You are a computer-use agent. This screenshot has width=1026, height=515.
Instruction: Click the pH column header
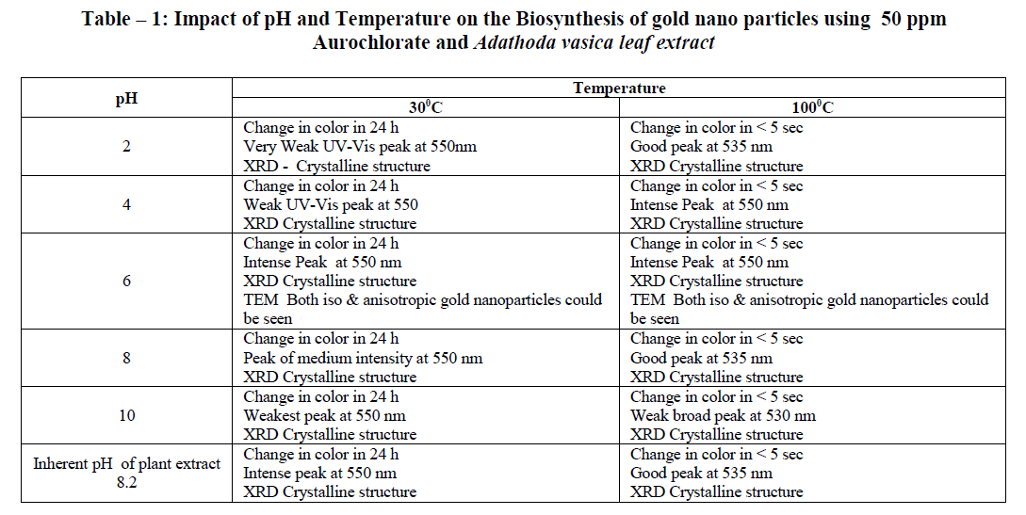point(126,98)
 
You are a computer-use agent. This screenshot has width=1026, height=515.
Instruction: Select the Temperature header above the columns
point(619,89)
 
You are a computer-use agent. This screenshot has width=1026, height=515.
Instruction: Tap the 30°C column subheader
point(425,108)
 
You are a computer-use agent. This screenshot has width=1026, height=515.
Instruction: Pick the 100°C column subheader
point(812,108)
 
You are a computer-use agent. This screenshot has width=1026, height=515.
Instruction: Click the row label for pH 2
point(126,147)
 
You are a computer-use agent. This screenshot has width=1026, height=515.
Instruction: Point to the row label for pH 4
point(126,204)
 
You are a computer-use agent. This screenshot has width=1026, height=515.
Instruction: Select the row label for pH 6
point(126,281)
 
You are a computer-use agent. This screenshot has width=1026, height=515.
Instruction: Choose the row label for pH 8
point(126,358)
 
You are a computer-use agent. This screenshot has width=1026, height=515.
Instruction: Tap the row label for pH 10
point(126,415)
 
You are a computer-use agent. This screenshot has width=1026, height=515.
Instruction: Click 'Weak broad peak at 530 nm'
point(723,415)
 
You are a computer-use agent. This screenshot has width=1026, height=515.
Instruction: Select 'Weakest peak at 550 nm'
point(324,415)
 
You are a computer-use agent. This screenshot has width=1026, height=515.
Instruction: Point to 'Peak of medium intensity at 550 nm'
point(363,358)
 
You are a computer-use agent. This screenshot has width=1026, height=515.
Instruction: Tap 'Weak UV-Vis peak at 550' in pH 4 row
point(331,204)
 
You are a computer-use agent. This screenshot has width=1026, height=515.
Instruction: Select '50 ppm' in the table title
point(913,20)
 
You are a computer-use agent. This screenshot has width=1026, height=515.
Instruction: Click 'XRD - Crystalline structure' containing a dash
point(336,166)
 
